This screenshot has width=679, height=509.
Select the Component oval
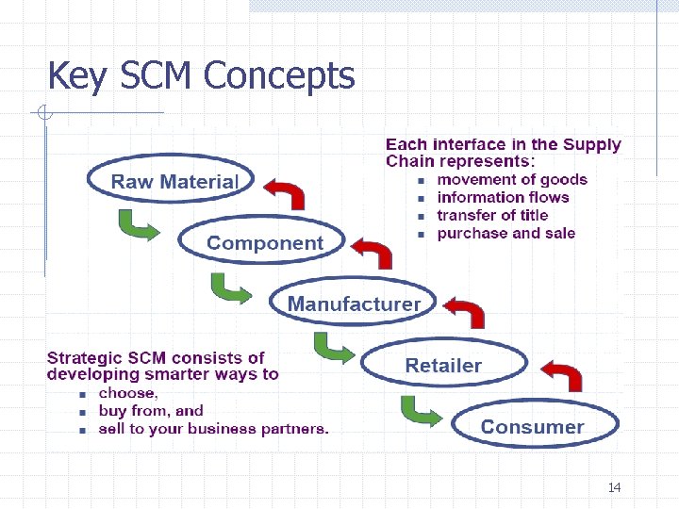coord(264,243)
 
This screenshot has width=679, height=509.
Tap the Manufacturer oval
coord(353,304)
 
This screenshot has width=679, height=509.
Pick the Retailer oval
coord(443,365)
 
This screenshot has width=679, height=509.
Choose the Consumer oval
coord(533,426)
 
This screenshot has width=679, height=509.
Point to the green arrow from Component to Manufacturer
coord(231,287)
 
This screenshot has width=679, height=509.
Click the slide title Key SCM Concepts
coord(201,75)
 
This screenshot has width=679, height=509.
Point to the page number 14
coord(614,487)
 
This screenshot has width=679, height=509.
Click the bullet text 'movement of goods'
coord(512,180)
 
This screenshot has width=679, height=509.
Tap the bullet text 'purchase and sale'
coord(505,234)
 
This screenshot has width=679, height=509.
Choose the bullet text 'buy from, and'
coord(151,411)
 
